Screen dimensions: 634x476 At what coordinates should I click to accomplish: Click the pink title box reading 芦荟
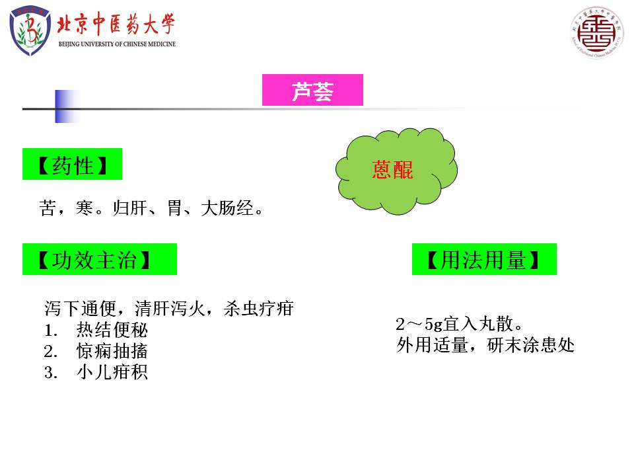(x=312, y=90)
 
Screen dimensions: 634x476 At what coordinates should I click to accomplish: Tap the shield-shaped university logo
(x=30, y=30)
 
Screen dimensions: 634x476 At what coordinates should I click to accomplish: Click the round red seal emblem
(x=597, y=32)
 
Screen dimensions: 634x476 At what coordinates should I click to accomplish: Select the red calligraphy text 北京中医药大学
(x=116, y=24)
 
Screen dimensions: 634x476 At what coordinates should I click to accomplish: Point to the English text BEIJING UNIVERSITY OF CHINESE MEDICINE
(x=117, y=44)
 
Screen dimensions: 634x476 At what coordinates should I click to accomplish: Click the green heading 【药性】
(x=73, y=164)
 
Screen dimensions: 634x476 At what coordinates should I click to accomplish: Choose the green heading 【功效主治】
(x=100, y=259)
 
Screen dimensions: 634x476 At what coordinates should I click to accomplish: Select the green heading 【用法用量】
(x=484, y=259)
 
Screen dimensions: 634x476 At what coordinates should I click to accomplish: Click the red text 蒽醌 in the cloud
(x=392, y=170)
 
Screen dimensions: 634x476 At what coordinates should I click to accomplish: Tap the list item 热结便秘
(x=112, y=330)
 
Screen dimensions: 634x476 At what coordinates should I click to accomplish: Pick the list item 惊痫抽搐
(x=112, y=351)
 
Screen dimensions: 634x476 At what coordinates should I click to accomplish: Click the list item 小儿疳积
(x=112, y=372)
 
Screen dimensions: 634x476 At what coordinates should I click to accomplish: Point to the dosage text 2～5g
(x=419, y=324)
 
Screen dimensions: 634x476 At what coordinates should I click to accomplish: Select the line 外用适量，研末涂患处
(x=485, y=345)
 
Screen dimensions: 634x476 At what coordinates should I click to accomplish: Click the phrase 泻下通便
(x=80, y=309)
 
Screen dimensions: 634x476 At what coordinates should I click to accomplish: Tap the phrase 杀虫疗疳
(x=258, y=309)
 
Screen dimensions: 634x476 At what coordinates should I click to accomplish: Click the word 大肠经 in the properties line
(x=227, y=208)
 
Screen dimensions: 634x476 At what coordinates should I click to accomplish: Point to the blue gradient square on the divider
(x=67, y=106)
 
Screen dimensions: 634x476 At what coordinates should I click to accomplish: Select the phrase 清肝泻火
(x=170, y=309)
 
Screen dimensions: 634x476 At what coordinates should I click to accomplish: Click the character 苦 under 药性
(x=48, y=208)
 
